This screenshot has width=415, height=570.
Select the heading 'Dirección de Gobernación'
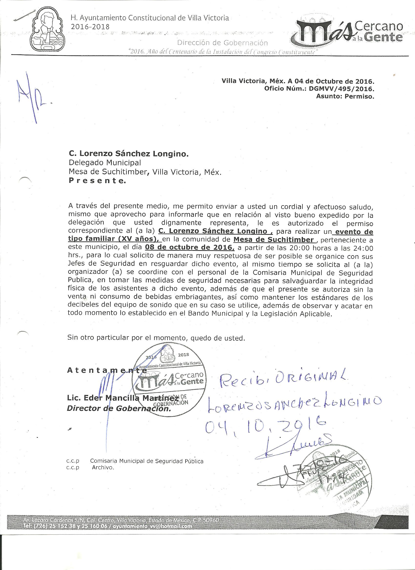point(222,43)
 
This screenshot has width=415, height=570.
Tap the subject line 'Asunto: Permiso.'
point(345,96)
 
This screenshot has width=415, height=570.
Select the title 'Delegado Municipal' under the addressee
point(105,163)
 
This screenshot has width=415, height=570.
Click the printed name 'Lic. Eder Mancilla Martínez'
point(123,398)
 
